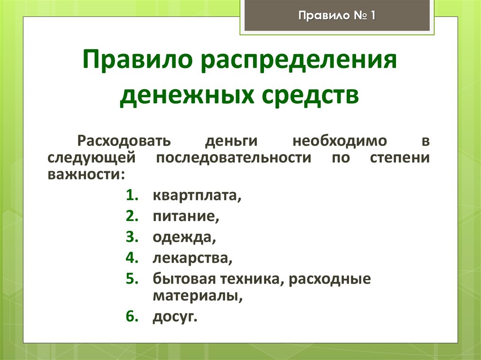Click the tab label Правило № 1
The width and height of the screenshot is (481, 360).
[x=336, y=16]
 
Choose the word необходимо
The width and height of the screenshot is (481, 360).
[x=340, y=141]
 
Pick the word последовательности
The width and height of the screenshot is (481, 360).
[x=233, y=158]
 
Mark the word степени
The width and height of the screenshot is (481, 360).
[x=399, y=158]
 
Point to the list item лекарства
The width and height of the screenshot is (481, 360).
[x=192, y=258]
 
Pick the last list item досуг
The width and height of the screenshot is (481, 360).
[x=174, y=317]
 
